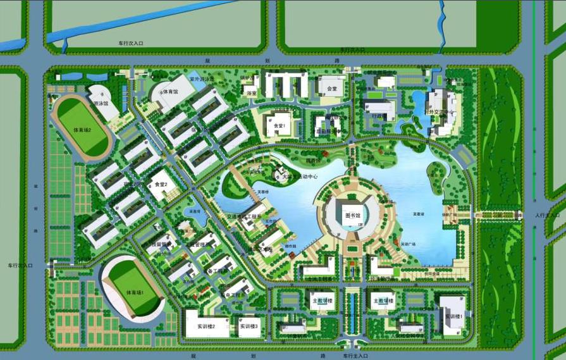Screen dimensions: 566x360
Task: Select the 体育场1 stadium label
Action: [135, 293]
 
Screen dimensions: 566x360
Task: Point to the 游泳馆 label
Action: [101, 102]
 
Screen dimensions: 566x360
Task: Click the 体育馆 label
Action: [170, 92]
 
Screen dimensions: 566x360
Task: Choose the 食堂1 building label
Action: [280, 125]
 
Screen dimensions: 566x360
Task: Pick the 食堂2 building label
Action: [159, 184]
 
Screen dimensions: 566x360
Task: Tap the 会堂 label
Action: [331, 89]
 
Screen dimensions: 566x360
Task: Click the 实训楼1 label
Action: [454, 316]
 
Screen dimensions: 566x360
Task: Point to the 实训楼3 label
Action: [249, 326]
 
